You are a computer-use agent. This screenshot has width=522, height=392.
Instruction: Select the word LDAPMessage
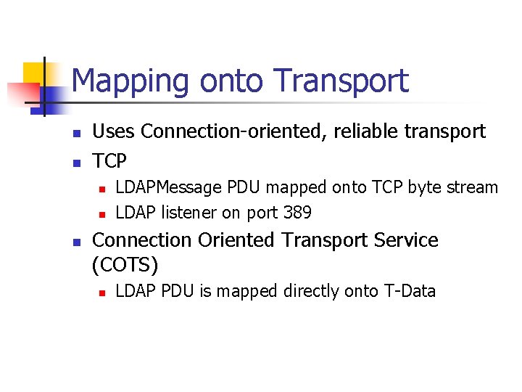point(169,187)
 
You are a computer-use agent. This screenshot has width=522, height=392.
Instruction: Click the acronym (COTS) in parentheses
point(125,265)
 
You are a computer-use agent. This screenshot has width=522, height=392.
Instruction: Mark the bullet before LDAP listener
point(102,214)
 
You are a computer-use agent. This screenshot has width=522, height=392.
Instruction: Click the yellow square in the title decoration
point(36,75)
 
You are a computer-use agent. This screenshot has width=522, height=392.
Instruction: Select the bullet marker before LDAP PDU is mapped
point(102,293)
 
